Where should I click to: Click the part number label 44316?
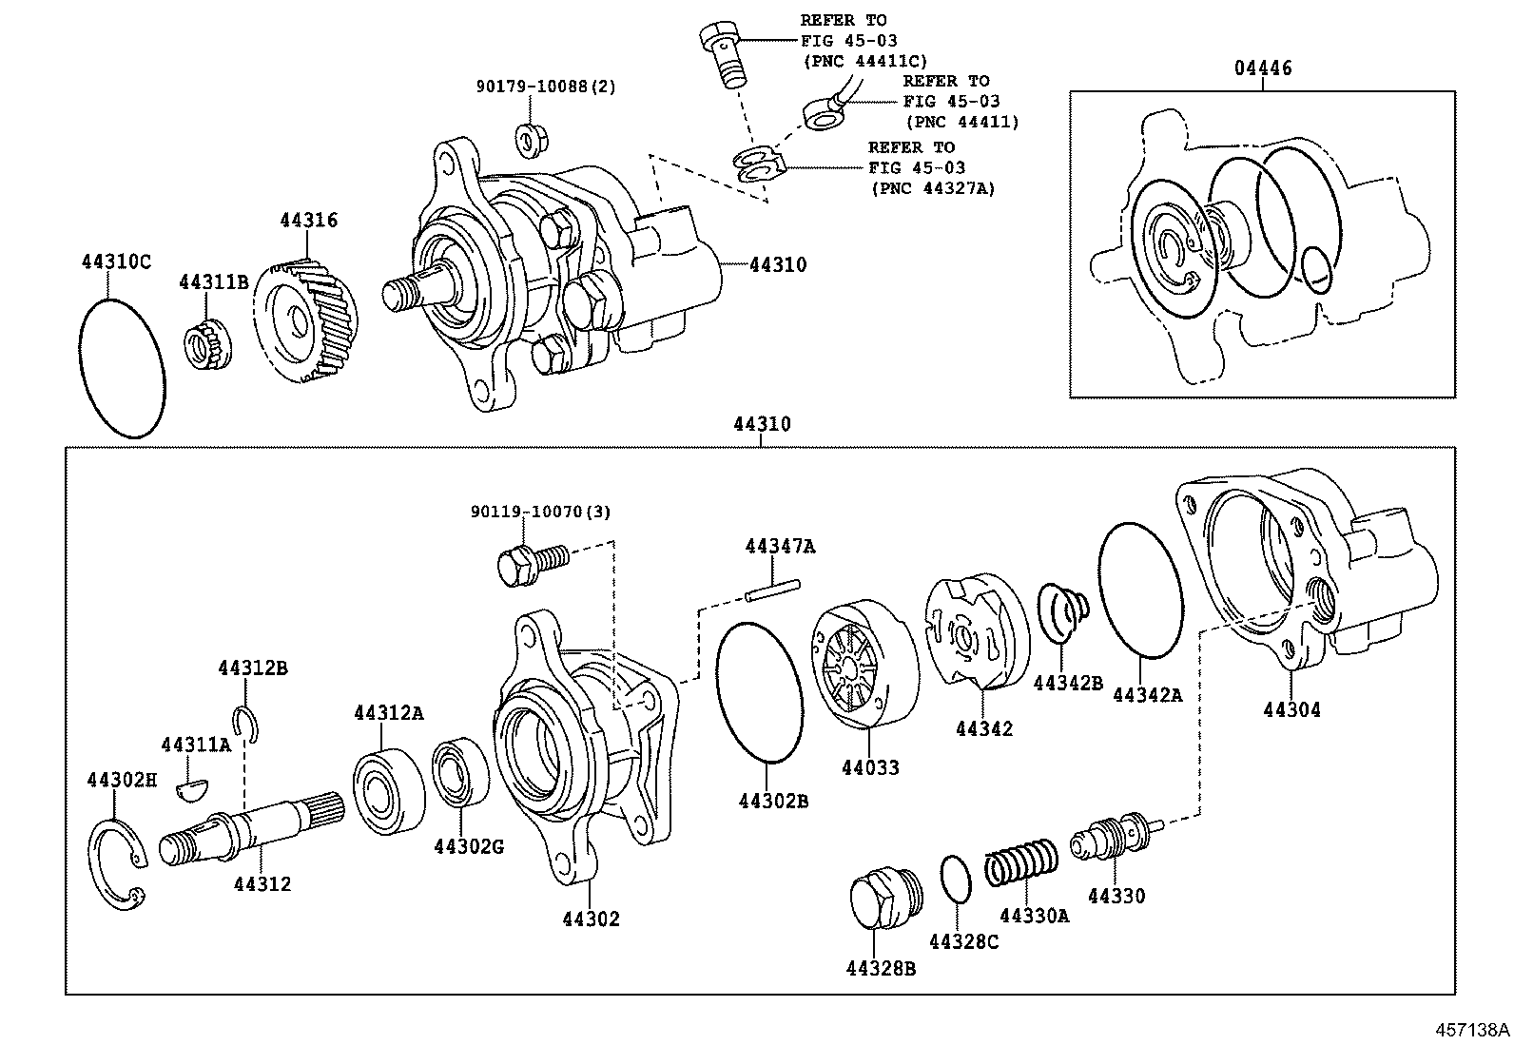(x=308, y=221)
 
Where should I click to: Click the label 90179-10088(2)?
(x=546, y=87)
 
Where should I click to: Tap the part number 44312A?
(x=388, y=713)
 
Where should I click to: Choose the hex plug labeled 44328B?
(x=882, y=899)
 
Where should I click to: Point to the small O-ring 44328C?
(x=956, y=879)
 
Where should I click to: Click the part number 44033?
(x=869, y=767)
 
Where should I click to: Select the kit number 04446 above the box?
(x=1263, y=68)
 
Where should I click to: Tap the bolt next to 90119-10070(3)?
(x=531, y=561)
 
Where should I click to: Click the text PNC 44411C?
(x=865, y=61)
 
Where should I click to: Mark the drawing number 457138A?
(x=1472, y=1030)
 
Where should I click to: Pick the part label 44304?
(x=1291, y=709)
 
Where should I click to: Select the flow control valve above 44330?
(x=1115, y=835)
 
